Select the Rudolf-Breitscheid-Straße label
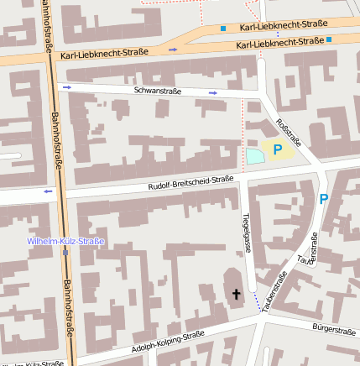[190, 184]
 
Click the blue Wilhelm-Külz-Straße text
[65, 241]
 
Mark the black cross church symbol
[236, 294]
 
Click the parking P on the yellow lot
[277, 149]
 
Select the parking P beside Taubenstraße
[323, 199]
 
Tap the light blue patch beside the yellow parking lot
[254, 156]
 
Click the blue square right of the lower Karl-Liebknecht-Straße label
[329, 39]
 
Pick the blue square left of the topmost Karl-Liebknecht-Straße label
[223, 29]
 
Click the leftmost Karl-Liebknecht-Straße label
[104, 53]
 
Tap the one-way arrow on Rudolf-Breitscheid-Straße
[48, 191]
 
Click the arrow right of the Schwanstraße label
[213, 92]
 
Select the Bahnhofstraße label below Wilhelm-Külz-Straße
[68, 307]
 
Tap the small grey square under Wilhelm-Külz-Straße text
[65, 251]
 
